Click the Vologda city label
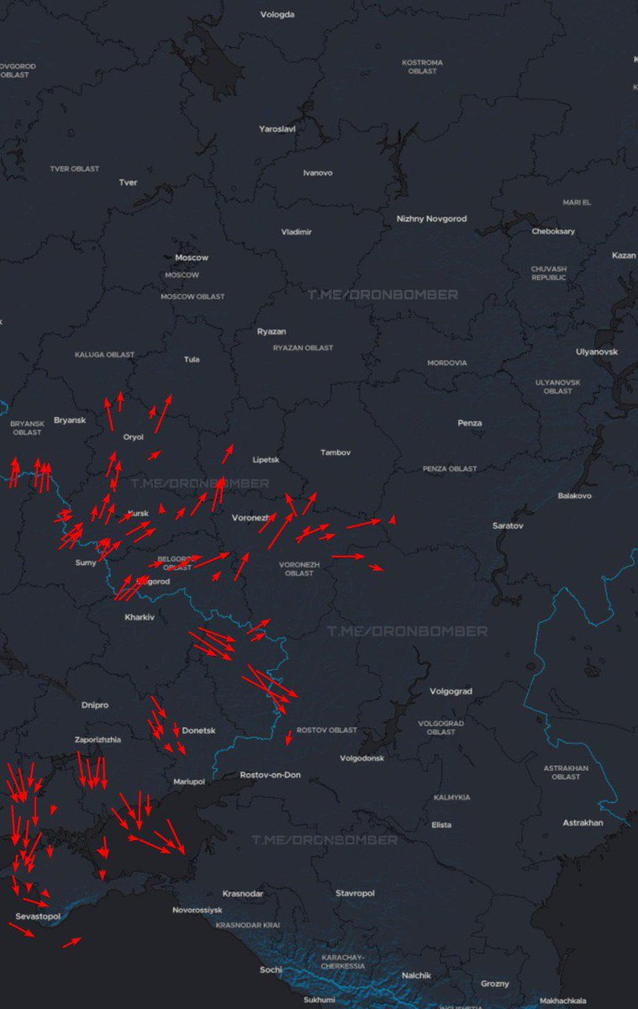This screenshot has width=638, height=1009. [277, 14]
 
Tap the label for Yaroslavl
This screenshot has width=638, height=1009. [277, 129]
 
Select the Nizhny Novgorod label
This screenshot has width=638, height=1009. [431, 219]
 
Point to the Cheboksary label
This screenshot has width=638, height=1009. [553, 231]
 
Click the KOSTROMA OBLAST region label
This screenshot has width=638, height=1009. [422, 66]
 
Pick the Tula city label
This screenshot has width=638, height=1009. [192, 359]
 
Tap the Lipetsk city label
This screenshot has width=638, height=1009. [266, 460]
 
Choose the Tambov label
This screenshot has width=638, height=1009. [335, 452]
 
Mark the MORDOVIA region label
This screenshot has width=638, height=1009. [446, 363]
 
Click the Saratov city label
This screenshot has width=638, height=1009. [508, 526]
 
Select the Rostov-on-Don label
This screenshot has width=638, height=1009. [270, 774]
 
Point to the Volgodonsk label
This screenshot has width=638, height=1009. [361, 758]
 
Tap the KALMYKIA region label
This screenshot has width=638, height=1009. [452, 797]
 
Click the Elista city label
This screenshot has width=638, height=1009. [441, 825]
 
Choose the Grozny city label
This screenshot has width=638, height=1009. [495, 983]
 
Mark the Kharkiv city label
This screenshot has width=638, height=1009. [140, 617]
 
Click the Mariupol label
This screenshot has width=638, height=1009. [189, 781]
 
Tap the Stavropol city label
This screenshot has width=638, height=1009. [355, 893]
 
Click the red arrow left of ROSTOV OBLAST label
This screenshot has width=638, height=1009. [288, 737]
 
